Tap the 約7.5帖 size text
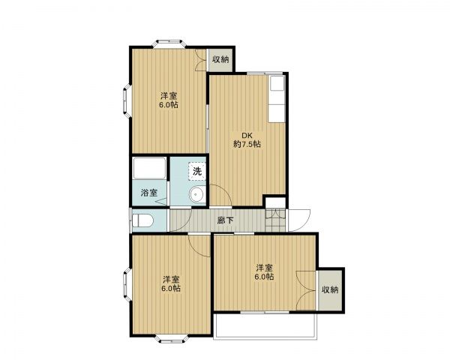(246, 144)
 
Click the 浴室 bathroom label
(149, 193)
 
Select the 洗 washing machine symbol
(196, 171)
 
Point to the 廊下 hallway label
(224, 220)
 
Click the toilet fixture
(142, 220)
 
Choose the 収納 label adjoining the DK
(220, 59)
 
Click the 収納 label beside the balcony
(330, 289)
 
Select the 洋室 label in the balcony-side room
(262, 268)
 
